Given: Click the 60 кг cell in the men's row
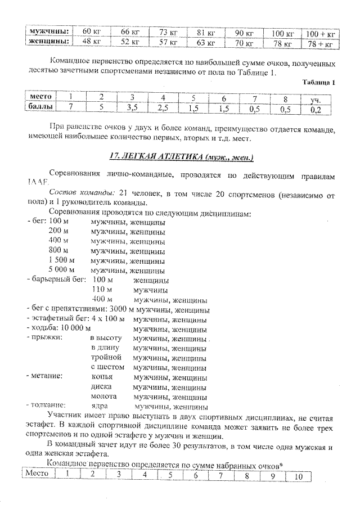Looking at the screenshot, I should point(91,31).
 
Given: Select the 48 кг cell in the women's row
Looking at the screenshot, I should point(91,42).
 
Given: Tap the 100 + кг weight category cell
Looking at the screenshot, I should point(319,33).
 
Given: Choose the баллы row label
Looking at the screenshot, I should point(40,106).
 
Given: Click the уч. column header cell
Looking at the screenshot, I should point(316,100).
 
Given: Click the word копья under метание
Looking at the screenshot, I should point(102,377).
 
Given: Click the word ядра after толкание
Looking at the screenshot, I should point(100,406).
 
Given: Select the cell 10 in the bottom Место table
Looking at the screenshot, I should point(298,475).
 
